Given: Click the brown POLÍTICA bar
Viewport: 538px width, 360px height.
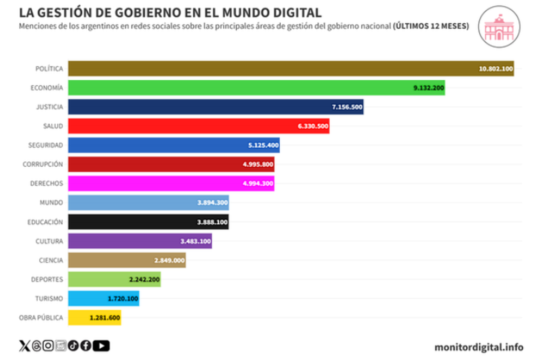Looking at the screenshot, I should tap(269, 69).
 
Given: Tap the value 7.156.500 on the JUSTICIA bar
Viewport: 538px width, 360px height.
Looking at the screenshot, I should tap(346, 107).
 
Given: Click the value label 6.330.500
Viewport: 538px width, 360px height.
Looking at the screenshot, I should tap(313, 126).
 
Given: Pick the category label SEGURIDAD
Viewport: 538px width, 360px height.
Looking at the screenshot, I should tap(46, 145).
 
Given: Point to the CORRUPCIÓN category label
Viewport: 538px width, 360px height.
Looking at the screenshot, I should tap(43, 164).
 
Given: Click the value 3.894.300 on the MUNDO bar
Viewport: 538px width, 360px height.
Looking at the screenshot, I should tap(213, 203).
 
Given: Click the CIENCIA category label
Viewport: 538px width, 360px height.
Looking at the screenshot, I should tap(50, 260).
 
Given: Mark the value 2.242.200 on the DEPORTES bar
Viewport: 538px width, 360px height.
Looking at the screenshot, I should tap(144, 279).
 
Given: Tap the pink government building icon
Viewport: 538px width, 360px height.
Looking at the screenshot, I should tap(499, 26).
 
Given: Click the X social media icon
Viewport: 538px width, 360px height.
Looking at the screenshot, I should tap(25, 346).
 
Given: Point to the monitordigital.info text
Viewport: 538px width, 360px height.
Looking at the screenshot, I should tap(479, 347).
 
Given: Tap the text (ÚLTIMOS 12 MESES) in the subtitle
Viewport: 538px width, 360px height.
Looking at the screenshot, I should tap(431, 26).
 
